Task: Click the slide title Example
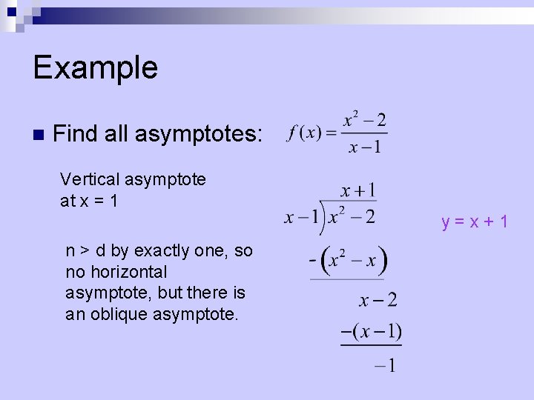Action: tap(95, 67)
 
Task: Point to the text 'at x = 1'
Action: tap(88, 201)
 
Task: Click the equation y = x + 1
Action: tap(475, 221)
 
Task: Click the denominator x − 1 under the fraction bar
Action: tap(364, 147)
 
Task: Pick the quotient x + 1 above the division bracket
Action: tap(357, 190)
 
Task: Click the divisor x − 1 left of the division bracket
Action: tap(303, 217)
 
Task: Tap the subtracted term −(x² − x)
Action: tap(348, 261)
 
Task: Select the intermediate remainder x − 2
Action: tap(378, 300)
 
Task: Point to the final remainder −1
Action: tap(385, 365)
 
